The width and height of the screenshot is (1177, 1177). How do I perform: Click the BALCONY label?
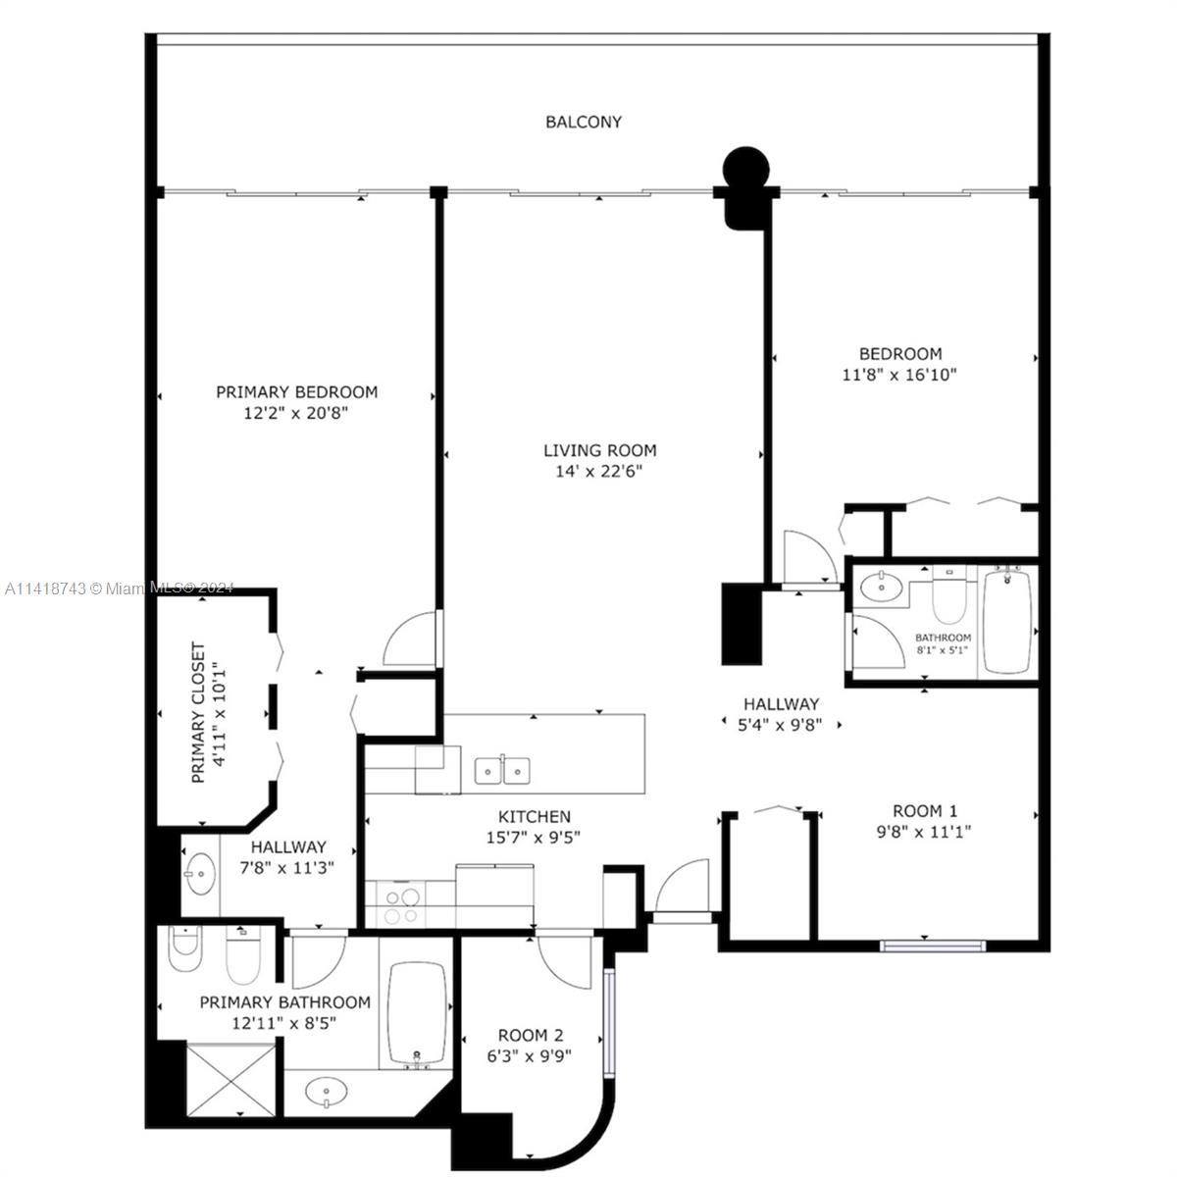point(584,122)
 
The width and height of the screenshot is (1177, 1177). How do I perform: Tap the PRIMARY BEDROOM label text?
point(296,391)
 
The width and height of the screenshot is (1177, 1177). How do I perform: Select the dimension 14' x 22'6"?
point(600,471)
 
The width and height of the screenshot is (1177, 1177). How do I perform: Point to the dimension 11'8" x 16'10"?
point(899,374)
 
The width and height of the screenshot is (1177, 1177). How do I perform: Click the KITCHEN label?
point(534,816)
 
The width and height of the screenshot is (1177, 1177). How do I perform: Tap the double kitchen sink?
point(502,771)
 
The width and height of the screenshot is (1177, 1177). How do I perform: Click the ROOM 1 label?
point(924,810)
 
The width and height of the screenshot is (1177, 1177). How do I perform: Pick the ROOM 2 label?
point(530,1035)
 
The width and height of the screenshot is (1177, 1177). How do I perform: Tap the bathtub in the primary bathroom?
point(417,1012)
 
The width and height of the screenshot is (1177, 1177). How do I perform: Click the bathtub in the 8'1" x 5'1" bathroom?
point(1006,620)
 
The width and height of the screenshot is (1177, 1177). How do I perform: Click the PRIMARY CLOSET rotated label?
point(198,712)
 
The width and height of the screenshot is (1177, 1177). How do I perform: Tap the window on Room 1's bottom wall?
point(932,946)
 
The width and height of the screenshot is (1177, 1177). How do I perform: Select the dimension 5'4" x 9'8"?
point(780,725)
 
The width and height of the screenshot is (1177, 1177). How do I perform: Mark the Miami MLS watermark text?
point(118,588)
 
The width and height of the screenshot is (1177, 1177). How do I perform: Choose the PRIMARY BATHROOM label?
point(284,1002)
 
